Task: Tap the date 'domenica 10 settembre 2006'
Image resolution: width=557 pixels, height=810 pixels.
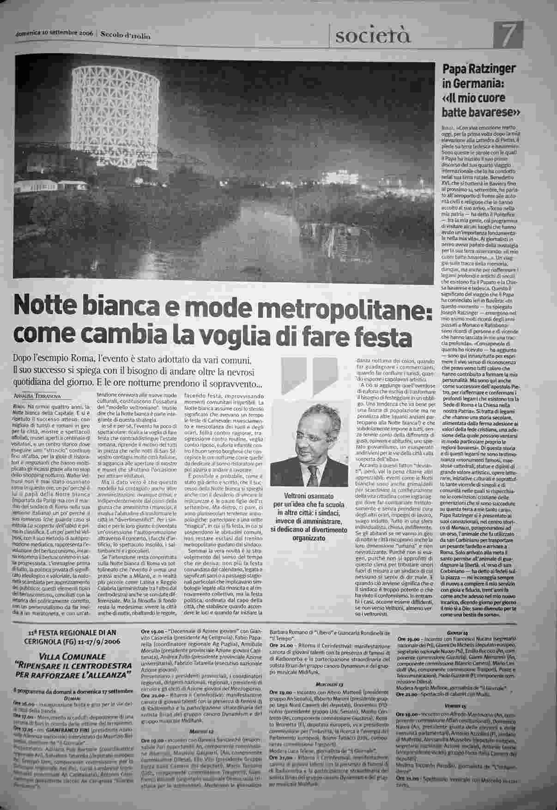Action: (x=54, y=34)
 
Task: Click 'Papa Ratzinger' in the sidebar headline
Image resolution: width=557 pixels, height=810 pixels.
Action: (x=479, y=70)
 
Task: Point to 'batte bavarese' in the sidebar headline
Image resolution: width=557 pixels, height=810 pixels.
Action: (x=479, y=112)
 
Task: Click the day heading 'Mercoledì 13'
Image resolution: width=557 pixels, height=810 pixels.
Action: (x=328, y=683)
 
